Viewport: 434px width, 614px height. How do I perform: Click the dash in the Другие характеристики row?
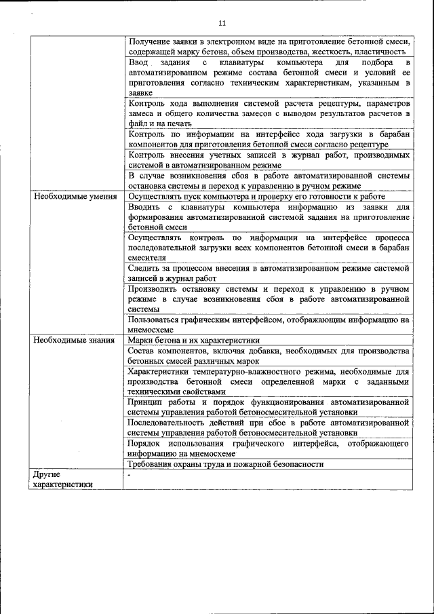point(129,474)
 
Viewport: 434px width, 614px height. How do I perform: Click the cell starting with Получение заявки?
point(269,46)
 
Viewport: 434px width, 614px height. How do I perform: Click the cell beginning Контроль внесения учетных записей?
point(269,160)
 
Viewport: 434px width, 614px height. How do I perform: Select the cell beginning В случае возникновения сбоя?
point(269,181)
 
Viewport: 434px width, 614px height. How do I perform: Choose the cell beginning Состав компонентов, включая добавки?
point(269,356)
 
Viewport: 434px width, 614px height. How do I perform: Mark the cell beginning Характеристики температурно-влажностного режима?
point(269,381)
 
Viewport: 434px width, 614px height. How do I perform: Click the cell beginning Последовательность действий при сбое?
point(269,427)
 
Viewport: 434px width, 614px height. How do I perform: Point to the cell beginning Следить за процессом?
point(269,273)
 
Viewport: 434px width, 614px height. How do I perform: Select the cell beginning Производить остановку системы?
point(269,299)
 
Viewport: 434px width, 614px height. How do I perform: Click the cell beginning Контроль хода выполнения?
point(269,113)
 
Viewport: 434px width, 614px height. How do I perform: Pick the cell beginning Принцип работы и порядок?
point(269,406)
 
